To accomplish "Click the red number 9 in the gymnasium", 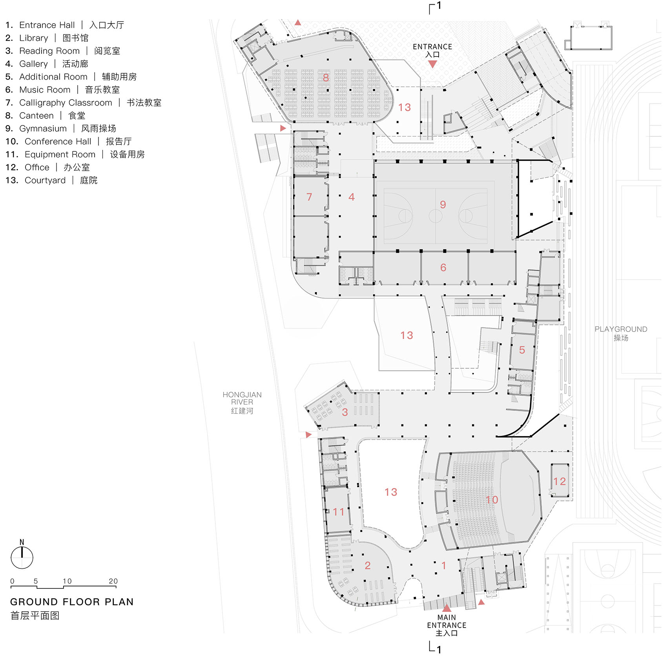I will pos(443,204).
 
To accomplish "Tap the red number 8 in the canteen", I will pos(326,78).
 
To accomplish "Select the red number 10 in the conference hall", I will pos(492,500).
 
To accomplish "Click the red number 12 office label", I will pos(559,481).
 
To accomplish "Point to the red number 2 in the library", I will pos(367,565).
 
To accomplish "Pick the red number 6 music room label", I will pos(443,268).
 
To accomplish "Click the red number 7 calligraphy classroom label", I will pos(309,197).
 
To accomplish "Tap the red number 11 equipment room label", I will pos(338,512).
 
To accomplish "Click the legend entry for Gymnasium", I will pos(61,129).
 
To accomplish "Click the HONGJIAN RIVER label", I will pos(242,402).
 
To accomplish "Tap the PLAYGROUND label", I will pos(621,333).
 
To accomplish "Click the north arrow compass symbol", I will pos(22,557).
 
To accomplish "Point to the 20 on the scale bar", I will pos(113,581).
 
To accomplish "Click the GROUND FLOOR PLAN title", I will pos(72,602).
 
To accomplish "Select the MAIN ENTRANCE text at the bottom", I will pos(446,625).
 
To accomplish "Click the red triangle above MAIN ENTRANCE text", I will pos(446,608).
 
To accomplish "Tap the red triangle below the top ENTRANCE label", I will pos(432,64).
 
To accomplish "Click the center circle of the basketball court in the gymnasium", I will pos(436,216).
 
